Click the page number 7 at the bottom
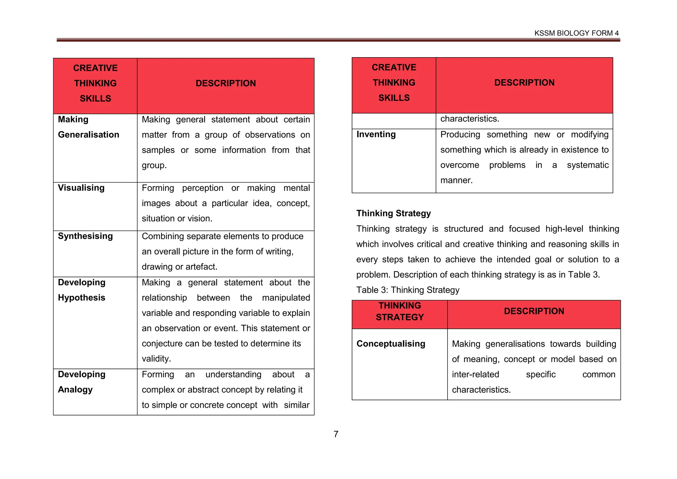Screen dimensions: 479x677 [336, 434]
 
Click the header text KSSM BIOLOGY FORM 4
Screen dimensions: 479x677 [576, 33]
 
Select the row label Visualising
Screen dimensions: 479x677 [81, 188]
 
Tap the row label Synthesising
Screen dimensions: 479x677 [85, 236]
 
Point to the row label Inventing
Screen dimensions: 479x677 [376, 134]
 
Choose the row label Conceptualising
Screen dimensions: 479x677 [391, 344]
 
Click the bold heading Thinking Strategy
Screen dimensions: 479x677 [393, 213]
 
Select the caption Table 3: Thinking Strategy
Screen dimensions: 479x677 [408, 290]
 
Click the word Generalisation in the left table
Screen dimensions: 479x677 [89, 135]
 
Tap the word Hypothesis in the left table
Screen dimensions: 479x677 [82, 298]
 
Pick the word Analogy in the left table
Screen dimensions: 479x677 [75, 390]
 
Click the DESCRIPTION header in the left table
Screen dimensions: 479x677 [226, 83]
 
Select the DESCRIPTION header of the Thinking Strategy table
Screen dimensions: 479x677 [534, 311]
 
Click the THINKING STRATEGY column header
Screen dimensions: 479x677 [400, 311]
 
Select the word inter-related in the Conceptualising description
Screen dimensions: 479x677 [475, 374]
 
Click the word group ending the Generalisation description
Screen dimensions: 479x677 [153, 165]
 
